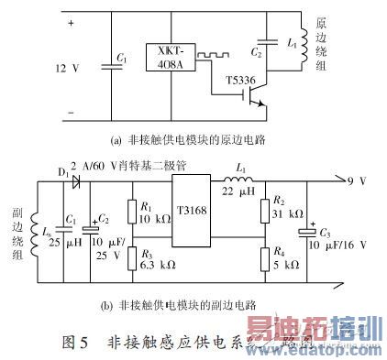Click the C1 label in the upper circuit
pyautogui.click(x=122, y=60)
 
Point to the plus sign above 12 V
pyautogui.click(x=70, y=23)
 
